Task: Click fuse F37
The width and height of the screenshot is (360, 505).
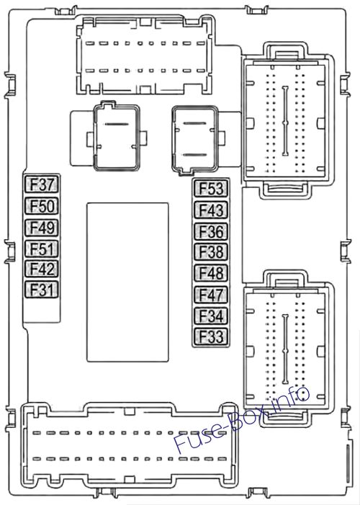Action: pyautogui.click(x=42, y=185)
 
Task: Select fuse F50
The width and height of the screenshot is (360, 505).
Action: pyautogui.click(x=42, y=206)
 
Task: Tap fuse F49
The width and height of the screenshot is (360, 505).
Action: pyautogui.click(x=42, y=228)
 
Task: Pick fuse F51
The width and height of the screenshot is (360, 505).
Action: pyautogui.click(x=42, y=249)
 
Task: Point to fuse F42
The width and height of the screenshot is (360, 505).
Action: pyautogui.click(x=42, y=269)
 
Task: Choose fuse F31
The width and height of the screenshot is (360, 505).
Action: pyautogui.click(x=42, y=290)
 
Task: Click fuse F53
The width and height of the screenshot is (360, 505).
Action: pyautogui.click(x=211, y=189)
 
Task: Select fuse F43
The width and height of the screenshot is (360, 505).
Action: pyautogui.click(x=211, y=210)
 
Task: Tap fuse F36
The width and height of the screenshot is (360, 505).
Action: pyautogui.click(x=211, y=231)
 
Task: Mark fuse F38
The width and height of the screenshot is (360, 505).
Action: pyautogui.click(x=211, y=252)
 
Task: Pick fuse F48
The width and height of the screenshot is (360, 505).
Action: pyautogui.click(x=211, y=273)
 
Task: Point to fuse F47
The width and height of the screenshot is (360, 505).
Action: pyautogui.click(x=211, y=295)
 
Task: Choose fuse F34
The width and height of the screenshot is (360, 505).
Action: pyautogui.click(x=211, y=316)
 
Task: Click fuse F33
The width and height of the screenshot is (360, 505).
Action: pyautogui.click(x=211, y=336)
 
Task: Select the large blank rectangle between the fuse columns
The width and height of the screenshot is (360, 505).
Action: pyautogui.click(x=127, y=282)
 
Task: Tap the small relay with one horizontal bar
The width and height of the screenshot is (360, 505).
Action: pyautogui.click(x=116, y=137)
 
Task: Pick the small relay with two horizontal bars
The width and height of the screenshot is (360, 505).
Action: pyautogui.click(x=194, y=140)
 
